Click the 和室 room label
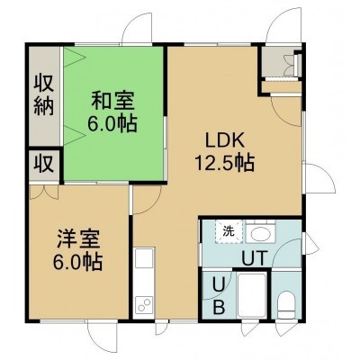[x=112, y=101]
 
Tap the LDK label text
[x=224, y=141]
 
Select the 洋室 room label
[x=78, y=238]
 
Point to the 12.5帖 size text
[x=225, y=162]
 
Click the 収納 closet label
[x=44, y=95]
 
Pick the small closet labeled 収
[x=44, y=165]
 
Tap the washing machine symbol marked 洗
[x=229, y=231]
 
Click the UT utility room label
[x=255, y=258]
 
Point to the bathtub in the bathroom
[x=251, y=295]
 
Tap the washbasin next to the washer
[x=260, y=233]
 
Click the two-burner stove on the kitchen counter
[x=144, y=304]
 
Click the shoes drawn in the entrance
[x=290, y=66]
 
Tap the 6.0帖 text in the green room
[x=112, y=123]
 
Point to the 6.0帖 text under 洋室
[x=78, y=262]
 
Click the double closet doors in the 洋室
[x=44, y=192]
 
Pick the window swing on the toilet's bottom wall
[x=284, y=328]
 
